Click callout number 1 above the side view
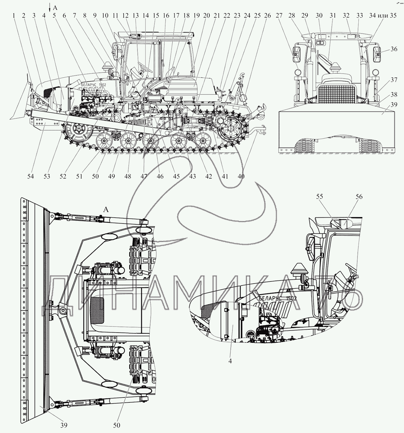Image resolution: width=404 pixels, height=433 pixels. pyautogui.click(x=14, y=16)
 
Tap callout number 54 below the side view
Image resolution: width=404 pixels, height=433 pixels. pyautogui.click(x=31, y=176)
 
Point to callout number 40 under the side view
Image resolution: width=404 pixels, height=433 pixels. pyautogui.click(x=241, y=176)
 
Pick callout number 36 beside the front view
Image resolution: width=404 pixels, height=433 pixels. pyautogui.click(x=394, y=49)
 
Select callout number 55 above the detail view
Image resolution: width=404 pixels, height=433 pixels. pyautogui.click(x=320, y=197)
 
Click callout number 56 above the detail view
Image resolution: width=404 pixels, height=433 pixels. pyautogui.click(x=359, y=197)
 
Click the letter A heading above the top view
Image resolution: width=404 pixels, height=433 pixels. pyautogui.click(x=106, y=210)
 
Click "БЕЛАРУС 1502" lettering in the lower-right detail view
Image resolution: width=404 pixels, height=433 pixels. pyautogui.click(x=278, y=298)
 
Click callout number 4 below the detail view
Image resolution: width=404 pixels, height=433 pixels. pyautogui.click(x=230, y=361)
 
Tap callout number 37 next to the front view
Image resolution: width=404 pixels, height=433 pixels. pyautogui.click(x=394, y=80)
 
